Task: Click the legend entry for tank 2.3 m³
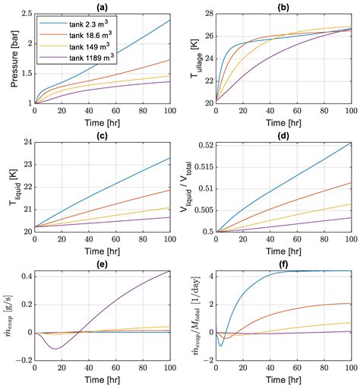(75, 23)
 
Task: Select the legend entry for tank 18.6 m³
(77, 34)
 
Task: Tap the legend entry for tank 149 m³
(75, 46)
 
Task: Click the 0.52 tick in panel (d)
(203, 145)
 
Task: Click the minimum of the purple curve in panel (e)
(55, 349)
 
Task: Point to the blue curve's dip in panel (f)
(221, 346)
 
